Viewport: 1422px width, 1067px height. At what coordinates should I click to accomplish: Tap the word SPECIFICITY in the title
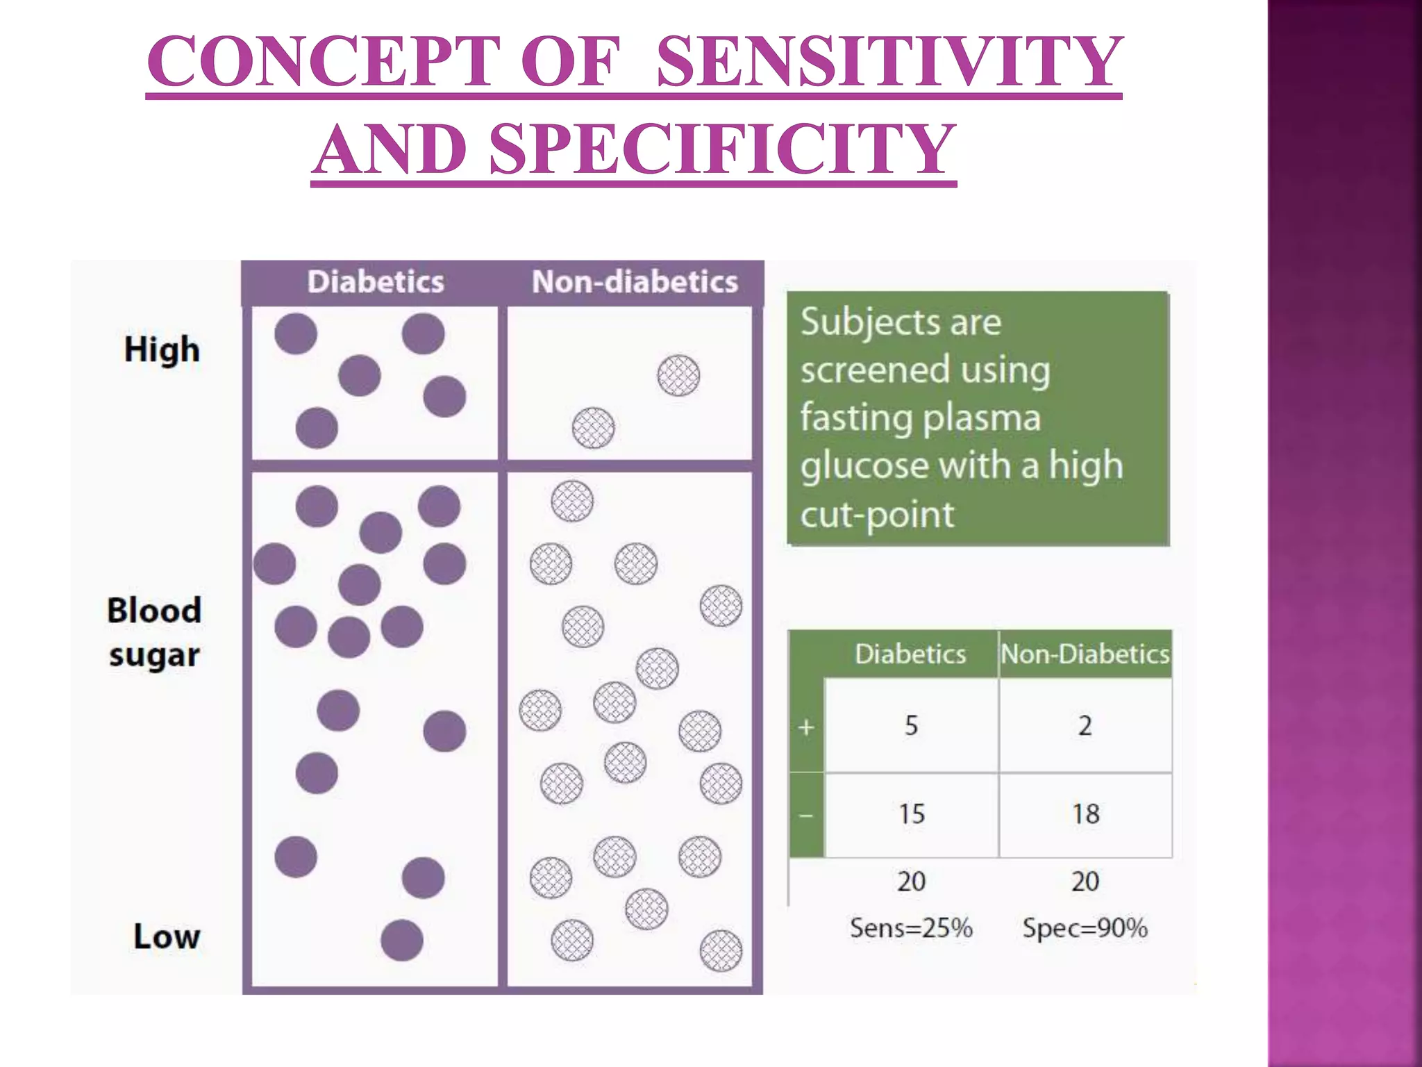point(722,149)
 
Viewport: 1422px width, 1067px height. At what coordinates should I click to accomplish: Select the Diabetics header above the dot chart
point(376,282)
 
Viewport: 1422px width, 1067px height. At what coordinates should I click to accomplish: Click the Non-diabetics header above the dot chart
point(635,282)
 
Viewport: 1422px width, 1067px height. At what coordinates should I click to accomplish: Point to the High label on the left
point(162,349)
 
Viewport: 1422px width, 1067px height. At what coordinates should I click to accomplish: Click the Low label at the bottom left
point(167,936)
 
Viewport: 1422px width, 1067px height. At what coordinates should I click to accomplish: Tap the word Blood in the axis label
point(154,611)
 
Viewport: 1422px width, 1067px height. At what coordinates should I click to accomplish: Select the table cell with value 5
point(911,726)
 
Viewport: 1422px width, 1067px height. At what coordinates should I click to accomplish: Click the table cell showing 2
point(1085,726)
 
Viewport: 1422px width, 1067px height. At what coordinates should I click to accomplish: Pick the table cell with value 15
point(911,813)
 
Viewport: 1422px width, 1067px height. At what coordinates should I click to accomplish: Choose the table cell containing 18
point(1085,813)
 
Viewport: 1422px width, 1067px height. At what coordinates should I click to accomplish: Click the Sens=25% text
point(911,928)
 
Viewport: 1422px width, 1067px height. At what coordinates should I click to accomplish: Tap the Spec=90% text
point(1085,928)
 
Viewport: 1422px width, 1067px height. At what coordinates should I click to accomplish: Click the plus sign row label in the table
point(806,727)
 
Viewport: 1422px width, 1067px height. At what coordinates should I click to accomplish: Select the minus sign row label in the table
point(806,815)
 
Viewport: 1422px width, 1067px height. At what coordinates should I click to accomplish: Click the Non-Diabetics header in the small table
point(1085,654)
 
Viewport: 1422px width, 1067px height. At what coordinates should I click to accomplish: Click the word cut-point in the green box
point(878,515)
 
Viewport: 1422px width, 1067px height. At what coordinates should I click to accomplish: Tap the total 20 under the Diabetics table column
point(911,882)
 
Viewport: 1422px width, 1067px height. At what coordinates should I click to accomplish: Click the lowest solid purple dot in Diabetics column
point(402,940)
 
